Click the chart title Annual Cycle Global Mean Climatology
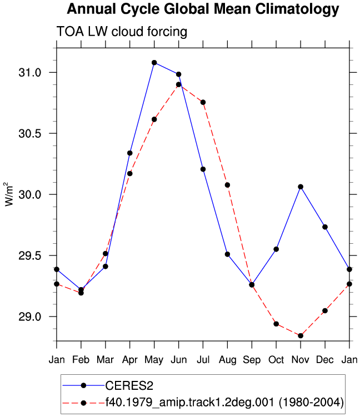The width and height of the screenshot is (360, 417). [203, 9]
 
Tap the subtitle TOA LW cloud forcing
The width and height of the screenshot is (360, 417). [122, 32]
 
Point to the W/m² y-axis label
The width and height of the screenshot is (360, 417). [9, 194]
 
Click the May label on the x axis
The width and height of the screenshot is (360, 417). [154, 360]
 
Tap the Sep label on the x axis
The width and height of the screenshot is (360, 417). [252, 360]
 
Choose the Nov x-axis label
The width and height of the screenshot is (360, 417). [301, 360]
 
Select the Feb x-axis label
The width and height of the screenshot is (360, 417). [81, 360]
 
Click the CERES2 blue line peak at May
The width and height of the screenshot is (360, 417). [154, 63]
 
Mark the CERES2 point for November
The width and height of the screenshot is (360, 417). [301, 187]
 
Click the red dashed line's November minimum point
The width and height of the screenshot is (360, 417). [301, 336]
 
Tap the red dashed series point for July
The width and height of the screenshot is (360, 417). [203, 102]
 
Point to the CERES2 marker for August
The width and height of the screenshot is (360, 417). [227, 254]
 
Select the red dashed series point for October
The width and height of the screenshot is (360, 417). [276, 324]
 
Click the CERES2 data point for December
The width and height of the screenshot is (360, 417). [325, 227]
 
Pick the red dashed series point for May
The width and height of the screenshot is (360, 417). [154, 119]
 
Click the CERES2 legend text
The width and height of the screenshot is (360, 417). [129, 385]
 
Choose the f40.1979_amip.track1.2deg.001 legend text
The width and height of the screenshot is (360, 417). [224, 403]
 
